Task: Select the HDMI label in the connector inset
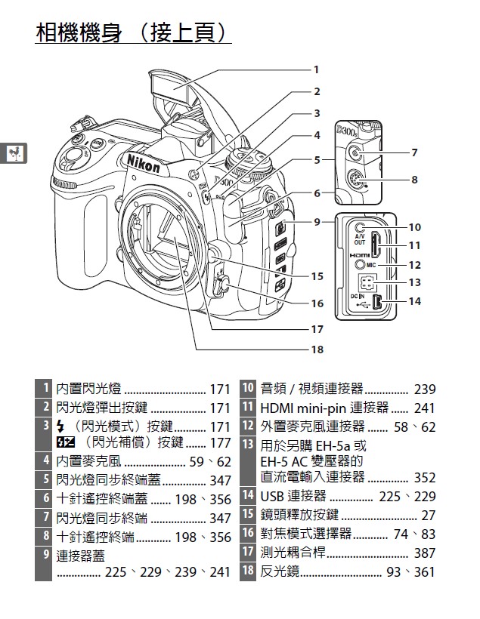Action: (359, 255)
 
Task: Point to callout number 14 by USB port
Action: (413, 301)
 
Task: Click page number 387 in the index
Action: (425, 553)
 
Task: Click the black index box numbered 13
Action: (247, 445)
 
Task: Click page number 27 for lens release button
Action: (429, 516)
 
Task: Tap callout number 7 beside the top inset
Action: (413, 153)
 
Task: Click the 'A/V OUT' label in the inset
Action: (359, 240)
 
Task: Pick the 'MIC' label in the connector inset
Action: (371, 266)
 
